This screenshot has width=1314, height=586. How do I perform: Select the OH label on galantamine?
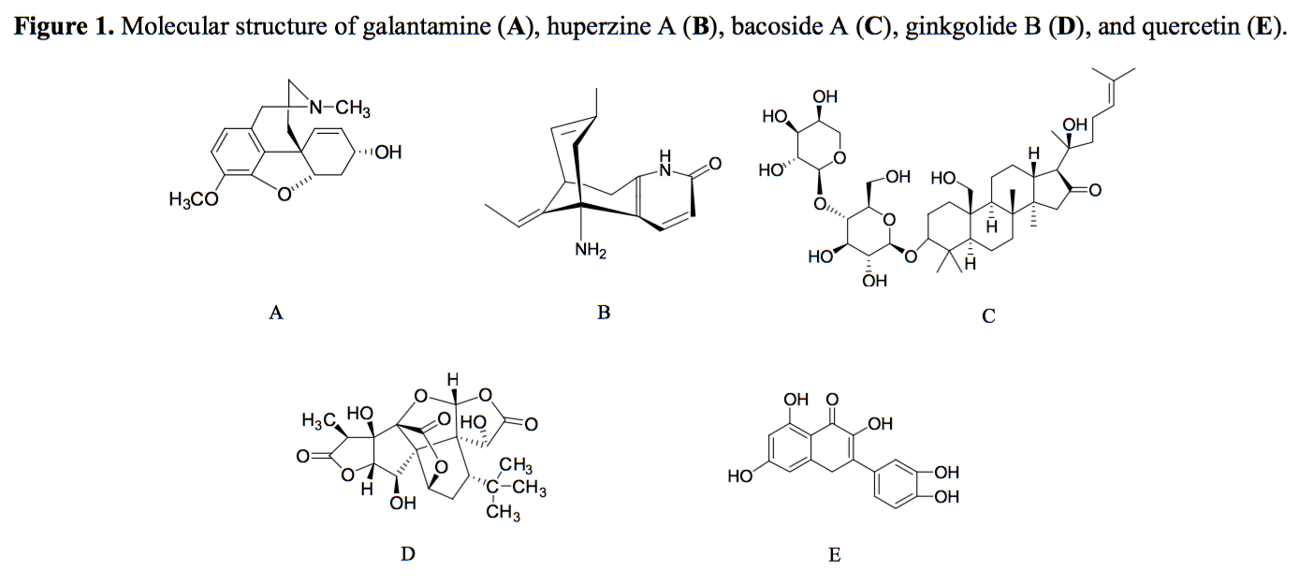point(387,153)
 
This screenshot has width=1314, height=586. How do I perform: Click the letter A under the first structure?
point(275,314)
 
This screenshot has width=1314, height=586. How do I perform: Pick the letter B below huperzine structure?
point(604,313)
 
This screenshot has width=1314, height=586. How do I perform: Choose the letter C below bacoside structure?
point(988,316)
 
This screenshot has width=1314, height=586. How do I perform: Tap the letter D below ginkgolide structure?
point(407,554)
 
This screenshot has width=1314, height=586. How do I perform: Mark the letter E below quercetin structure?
point(835,555)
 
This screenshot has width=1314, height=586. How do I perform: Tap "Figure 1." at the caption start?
point(65,26)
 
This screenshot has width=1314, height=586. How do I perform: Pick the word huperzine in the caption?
point(588,26)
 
